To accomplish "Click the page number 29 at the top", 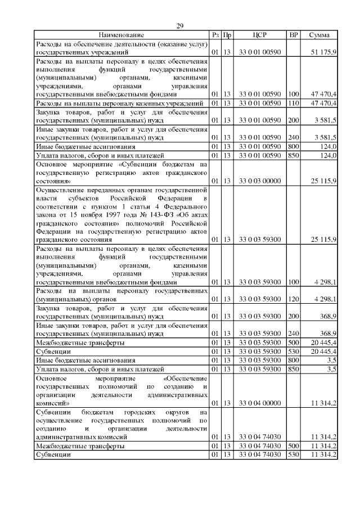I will pyautogui.click(x=180, y=26).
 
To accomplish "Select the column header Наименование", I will pyautogui.click(x=122, y=35).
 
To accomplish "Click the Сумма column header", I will pyautogui.click(x=319, y=35).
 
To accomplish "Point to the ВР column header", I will pyautogui.click(x=293, y=35).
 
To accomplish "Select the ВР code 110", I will pyautogui.click(x=293, y=103).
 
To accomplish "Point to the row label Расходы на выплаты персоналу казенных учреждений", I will pyautogui.click(x=120, y=103).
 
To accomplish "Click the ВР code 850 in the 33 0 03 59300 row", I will pyautogui.click(x=293, y=369).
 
